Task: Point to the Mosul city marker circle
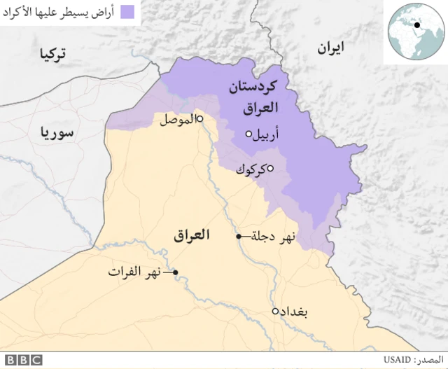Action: click(x=199, y=119)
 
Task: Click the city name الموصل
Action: click(x=176, y=120)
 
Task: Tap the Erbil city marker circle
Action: click(x=248, y=134)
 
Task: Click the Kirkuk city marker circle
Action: click(x=270, y=167)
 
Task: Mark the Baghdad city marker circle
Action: click(x=275, y=312)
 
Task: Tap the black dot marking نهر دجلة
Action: click(x=239, y=237)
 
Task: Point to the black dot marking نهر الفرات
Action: click(x=176, y=272)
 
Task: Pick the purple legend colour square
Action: click(x=127, y=12)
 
